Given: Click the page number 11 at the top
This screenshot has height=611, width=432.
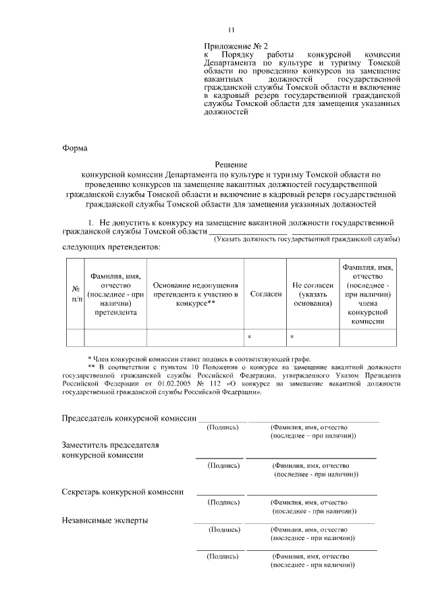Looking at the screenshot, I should click(232, 30).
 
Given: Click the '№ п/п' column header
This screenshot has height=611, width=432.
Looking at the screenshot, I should click(75, 294).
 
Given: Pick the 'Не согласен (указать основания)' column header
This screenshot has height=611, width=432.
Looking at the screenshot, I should click(313, 294).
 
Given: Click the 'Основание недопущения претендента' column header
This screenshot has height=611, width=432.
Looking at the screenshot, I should click(195, 294).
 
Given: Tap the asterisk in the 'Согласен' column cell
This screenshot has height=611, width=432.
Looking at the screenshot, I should click(249, 336).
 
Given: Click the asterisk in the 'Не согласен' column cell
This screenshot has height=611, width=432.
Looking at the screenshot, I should click(292, 336).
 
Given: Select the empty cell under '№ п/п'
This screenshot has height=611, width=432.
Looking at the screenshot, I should click(75, 336).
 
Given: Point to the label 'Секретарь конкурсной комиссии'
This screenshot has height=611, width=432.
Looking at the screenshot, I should click(122, 492).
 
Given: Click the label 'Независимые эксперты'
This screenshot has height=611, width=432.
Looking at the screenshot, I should click(105, 520).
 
